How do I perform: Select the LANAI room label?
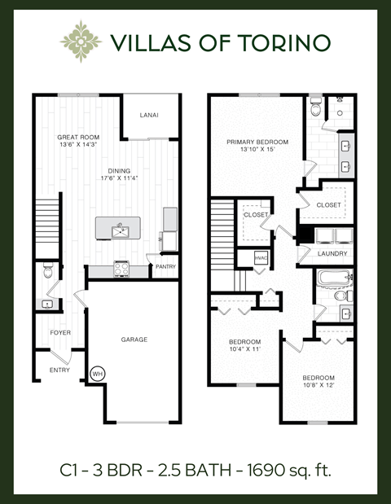pos(148,115)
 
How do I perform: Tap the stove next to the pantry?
pos(122,267)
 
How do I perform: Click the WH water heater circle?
pos(99,375)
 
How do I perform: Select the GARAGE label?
pos(134,340)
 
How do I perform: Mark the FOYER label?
pos(60,333)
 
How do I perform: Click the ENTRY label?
pos(59,370)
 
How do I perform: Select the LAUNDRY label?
pos(332,253)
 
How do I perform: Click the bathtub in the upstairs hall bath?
pos(332,280)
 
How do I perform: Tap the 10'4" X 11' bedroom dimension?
pos(244,348)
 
